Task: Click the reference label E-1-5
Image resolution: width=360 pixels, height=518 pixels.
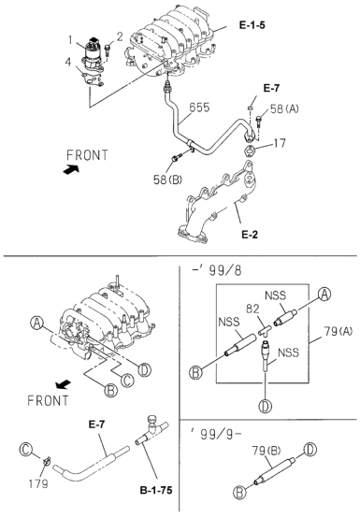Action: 252,25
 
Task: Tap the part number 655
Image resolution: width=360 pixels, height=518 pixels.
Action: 199,108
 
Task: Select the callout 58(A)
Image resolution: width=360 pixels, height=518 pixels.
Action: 284,108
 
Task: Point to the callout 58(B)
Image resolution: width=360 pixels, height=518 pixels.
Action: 167,180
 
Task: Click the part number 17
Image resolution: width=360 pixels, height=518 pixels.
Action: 280,143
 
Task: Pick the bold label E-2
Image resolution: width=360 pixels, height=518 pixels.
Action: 250,235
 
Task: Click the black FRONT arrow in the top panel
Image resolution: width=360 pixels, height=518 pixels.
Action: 71,169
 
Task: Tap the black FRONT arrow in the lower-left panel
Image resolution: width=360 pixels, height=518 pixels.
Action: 63,384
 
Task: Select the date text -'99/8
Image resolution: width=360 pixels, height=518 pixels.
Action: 217,270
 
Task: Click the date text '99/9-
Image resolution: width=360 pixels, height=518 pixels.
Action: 216,434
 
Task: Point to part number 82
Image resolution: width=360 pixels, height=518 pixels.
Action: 252,309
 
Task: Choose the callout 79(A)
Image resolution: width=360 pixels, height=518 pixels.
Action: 338,331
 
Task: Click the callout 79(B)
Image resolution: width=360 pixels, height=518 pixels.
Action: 266,451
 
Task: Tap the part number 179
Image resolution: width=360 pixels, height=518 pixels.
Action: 38,483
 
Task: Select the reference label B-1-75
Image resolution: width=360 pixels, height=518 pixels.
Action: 156,490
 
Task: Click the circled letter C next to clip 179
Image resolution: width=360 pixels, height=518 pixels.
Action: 26,450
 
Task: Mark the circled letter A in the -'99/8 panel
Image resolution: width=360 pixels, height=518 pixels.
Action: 324,294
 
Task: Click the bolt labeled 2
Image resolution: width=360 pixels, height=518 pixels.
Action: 108,51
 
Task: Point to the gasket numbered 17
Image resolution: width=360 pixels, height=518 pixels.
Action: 250,151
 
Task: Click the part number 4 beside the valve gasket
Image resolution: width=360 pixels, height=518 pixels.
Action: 67,62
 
